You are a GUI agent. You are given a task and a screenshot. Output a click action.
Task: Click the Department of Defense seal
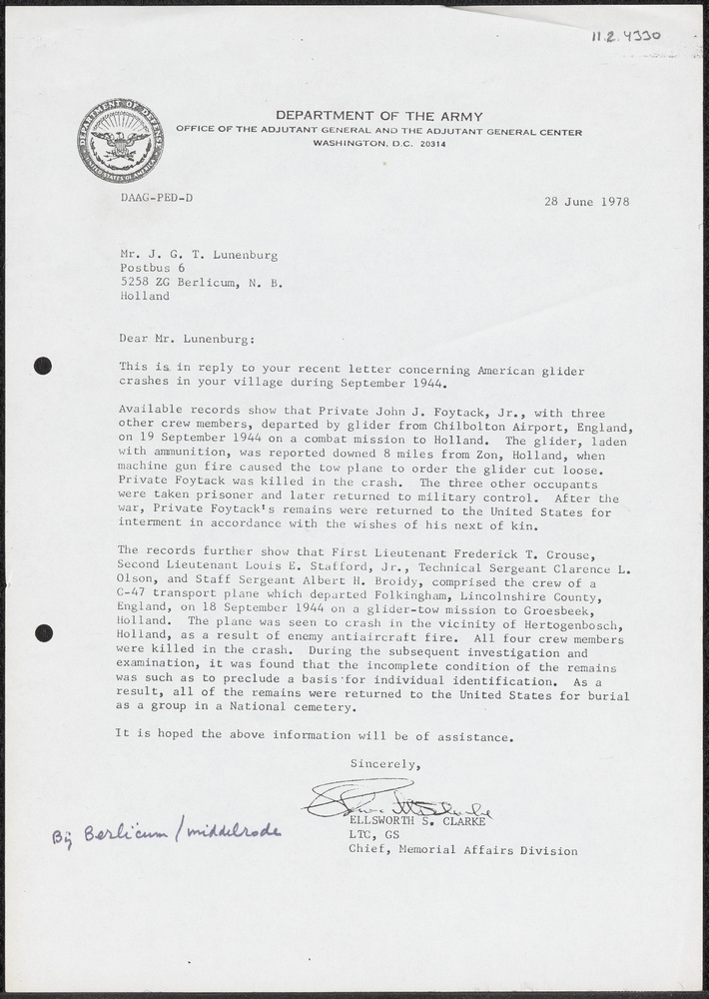click(120, 141)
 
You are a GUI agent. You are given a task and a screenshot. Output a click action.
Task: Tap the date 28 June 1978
click(587, 201)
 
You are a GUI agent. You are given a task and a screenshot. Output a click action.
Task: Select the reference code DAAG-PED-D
click(156, 198)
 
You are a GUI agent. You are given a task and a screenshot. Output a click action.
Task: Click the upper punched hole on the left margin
click(42, 366)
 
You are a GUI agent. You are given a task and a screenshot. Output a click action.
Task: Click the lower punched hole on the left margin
click(42, 632)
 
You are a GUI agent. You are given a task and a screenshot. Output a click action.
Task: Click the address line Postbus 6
click(152, 268)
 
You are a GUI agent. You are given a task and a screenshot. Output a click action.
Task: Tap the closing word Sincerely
click(383, 764)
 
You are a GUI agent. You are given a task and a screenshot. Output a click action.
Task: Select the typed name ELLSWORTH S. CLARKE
click(419, 821)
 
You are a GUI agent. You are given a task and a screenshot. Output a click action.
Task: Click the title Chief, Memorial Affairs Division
click(462, 850)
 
